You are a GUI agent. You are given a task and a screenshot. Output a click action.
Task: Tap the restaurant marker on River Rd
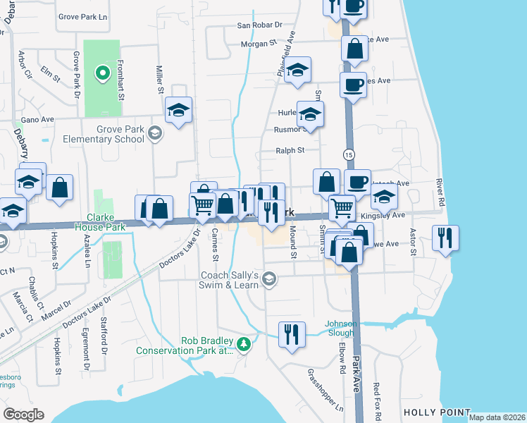[445, 238]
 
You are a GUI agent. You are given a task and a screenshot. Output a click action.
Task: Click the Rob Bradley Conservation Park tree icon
[244, 344]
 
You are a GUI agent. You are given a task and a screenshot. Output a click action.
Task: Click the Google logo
[23, 414]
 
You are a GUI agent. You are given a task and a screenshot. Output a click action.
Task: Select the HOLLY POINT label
[436, 412]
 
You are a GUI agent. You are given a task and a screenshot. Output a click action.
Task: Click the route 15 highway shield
[349, 154]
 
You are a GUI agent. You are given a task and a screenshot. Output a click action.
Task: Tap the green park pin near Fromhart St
[101, 72]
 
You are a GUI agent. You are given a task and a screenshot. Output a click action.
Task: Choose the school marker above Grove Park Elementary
[179, 110]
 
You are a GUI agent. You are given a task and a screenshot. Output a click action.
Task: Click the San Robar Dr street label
[259, 25]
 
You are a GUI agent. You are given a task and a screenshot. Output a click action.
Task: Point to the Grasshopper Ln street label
[325, 396]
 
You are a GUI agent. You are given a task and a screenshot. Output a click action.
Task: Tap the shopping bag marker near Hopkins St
[60, 188]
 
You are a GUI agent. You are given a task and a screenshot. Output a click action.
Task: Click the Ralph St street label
[290, 150]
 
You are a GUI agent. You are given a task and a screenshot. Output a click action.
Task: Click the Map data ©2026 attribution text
[497, 417]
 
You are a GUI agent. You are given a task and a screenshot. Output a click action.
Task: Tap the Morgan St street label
[259, 43]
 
